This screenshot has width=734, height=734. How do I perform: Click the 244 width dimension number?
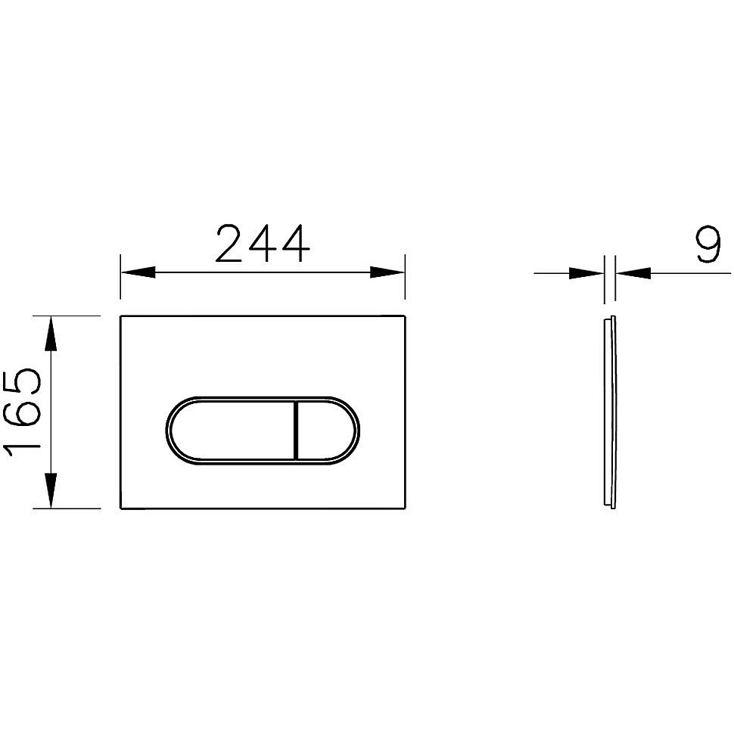click(263, 243)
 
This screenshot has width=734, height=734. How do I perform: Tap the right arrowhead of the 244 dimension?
click(387, 272)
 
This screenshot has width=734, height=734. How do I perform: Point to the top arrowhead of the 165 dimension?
click(50, 333)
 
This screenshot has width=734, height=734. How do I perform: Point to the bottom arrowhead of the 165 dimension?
click(50, 491)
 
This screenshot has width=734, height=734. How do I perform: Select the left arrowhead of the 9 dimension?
click(587, 272)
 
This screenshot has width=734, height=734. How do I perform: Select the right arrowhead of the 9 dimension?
click(633, 272)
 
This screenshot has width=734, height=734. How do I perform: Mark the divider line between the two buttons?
click(296, 428)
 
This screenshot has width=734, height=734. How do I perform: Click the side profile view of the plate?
click(610, 412)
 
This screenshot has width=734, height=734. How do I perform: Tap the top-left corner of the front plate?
click(121, 316)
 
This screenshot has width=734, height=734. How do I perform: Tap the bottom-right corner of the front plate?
click(404, 508)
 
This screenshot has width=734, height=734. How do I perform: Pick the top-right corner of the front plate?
click(404, 316)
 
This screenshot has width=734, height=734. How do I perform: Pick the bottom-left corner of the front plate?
click(121, 508)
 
